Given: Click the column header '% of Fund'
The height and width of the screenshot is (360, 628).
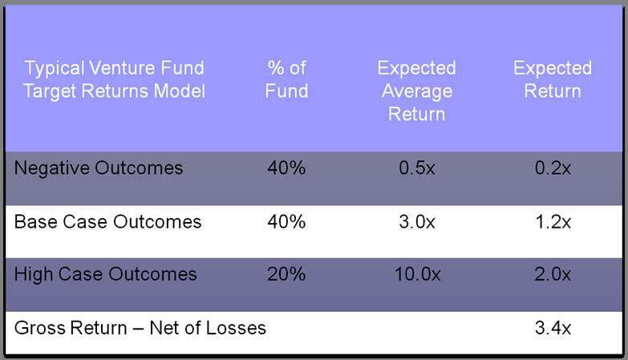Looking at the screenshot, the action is (287, 79).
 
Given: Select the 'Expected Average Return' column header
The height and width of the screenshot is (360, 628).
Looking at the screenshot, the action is (416, 91).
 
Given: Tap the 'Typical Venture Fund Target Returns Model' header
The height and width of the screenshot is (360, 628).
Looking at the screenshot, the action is (114, 79).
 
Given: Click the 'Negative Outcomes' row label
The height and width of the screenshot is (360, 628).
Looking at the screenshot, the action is (99, 168).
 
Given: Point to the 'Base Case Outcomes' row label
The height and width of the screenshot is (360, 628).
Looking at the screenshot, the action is (107, 221).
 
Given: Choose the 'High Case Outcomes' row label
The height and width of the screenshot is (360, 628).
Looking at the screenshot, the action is (105, 274).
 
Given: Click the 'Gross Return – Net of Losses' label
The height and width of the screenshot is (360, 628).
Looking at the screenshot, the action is (140, 328).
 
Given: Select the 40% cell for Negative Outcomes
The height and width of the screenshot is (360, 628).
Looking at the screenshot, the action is (286, 168).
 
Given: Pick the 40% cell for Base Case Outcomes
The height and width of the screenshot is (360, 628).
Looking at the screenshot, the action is (286, 221).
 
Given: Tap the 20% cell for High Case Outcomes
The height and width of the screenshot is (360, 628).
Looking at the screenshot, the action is (286, 274).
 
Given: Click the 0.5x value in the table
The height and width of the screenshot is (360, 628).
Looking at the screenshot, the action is (416, 168).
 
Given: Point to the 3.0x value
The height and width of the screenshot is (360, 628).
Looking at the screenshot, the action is (416, 221).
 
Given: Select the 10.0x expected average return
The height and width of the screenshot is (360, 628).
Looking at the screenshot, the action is (417, 274).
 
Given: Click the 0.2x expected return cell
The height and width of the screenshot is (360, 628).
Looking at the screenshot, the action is (553, 168).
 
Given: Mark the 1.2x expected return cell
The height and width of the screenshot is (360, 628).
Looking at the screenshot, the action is (553, 221).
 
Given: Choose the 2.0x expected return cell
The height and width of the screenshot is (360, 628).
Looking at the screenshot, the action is (553, 274).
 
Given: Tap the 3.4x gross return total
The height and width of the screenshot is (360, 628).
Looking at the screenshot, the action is (553, 328).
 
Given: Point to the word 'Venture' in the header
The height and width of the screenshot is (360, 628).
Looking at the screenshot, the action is (121, 67).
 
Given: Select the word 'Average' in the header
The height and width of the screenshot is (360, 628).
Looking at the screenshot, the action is (417, 91).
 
